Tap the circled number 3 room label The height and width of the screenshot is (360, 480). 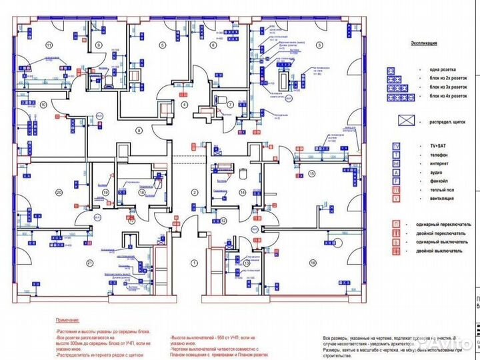click(319, 44)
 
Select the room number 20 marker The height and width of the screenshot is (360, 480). click(59, 193)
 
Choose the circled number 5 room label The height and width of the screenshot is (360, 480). click(161, 44)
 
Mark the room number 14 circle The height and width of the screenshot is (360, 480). click(242, 193)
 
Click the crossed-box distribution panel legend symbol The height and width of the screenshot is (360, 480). click(404, 122)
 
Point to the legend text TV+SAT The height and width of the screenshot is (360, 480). click(434, 145)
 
